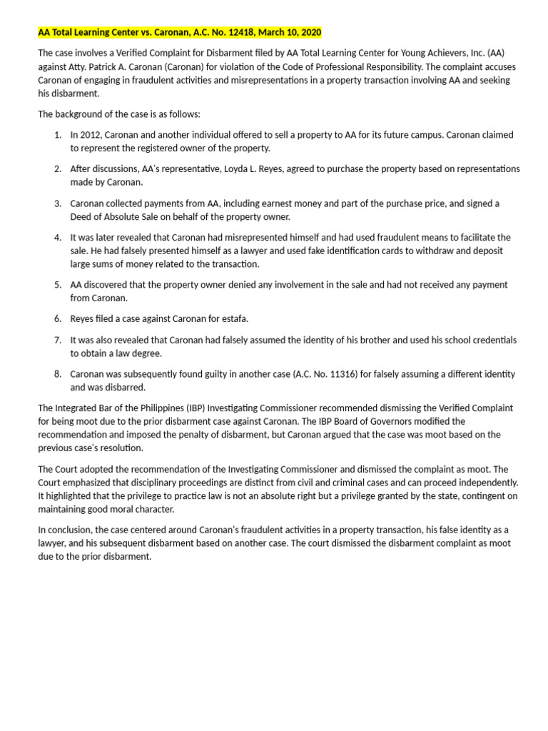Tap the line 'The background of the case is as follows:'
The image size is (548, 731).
coord(119,114)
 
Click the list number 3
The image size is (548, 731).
coord(57,203)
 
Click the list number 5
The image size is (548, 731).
coord(57,285)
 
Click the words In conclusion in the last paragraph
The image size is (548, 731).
coord(65,530)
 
